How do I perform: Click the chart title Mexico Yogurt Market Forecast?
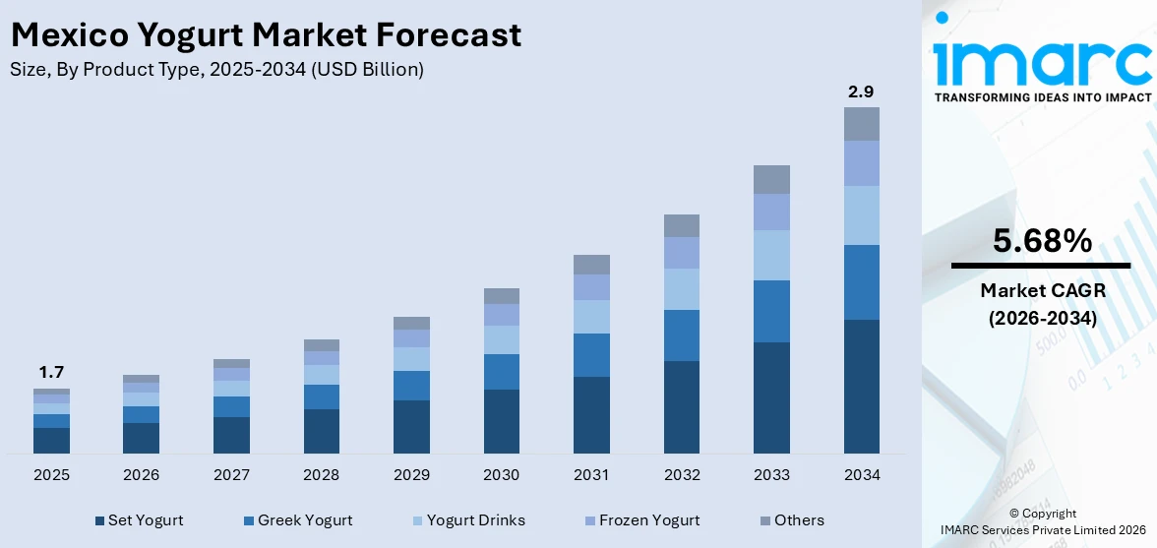266,35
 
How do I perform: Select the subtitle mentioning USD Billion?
216,70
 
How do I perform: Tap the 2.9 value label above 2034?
861,91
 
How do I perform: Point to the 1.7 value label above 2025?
51,372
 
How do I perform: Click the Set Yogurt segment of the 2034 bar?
861,386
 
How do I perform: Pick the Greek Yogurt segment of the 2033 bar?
771,311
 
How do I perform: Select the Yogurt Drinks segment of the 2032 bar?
681,289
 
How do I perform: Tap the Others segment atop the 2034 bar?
861,124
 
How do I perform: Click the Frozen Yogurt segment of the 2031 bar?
591,287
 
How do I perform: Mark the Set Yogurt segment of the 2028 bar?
322,431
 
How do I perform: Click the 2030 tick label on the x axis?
501,475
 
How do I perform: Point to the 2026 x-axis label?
141,475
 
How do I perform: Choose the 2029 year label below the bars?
411,475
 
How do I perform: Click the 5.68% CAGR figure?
1041,241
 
